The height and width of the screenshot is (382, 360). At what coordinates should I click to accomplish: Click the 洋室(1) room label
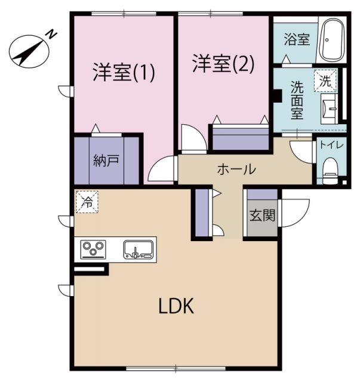(124, 72)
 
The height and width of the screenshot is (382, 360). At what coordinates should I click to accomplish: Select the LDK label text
(176, 307)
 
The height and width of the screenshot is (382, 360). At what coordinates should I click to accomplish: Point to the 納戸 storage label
(106, 161)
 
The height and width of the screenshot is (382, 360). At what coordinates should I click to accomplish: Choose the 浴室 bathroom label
(296, 40)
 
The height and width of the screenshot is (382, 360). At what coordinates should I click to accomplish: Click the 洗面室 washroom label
(296, 99)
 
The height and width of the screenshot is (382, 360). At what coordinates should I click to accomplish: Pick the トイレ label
(329, 145)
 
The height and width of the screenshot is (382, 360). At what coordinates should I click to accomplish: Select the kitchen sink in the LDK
(139, 249)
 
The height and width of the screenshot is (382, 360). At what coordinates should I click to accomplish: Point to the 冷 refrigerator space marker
(87, 202)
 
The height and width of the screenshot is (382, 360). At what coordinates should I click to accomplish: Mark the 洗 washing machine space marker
(325, 81)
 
